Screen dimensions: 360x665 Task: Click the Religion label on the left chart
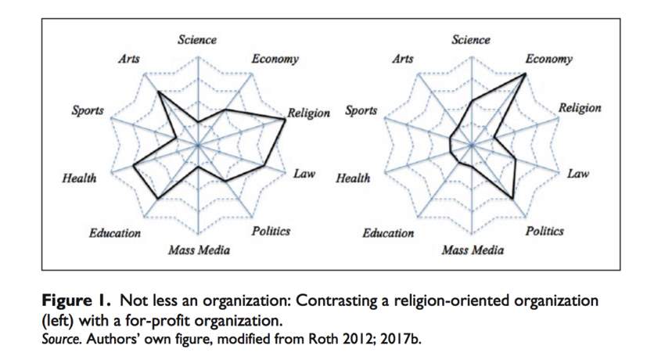309,113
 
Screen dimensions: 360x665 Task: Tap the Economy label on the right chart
548,59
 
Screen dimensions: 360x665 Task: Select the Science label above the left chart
197,39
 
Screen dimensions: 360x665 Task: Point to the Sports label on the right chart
361,111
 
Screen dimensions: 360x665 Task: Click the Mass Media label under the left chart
199,250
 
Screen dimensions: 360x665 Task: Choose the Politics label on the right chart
545,232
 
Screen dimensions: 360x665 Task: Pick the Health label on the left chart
79,178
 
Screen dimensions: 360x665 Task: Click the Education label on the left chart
114,233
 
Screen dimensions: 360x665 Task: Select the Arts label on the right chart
402,59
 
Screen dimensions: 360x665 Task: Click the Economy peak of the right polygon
524,74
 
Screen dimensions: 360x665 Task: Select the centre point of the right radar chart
472,146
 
